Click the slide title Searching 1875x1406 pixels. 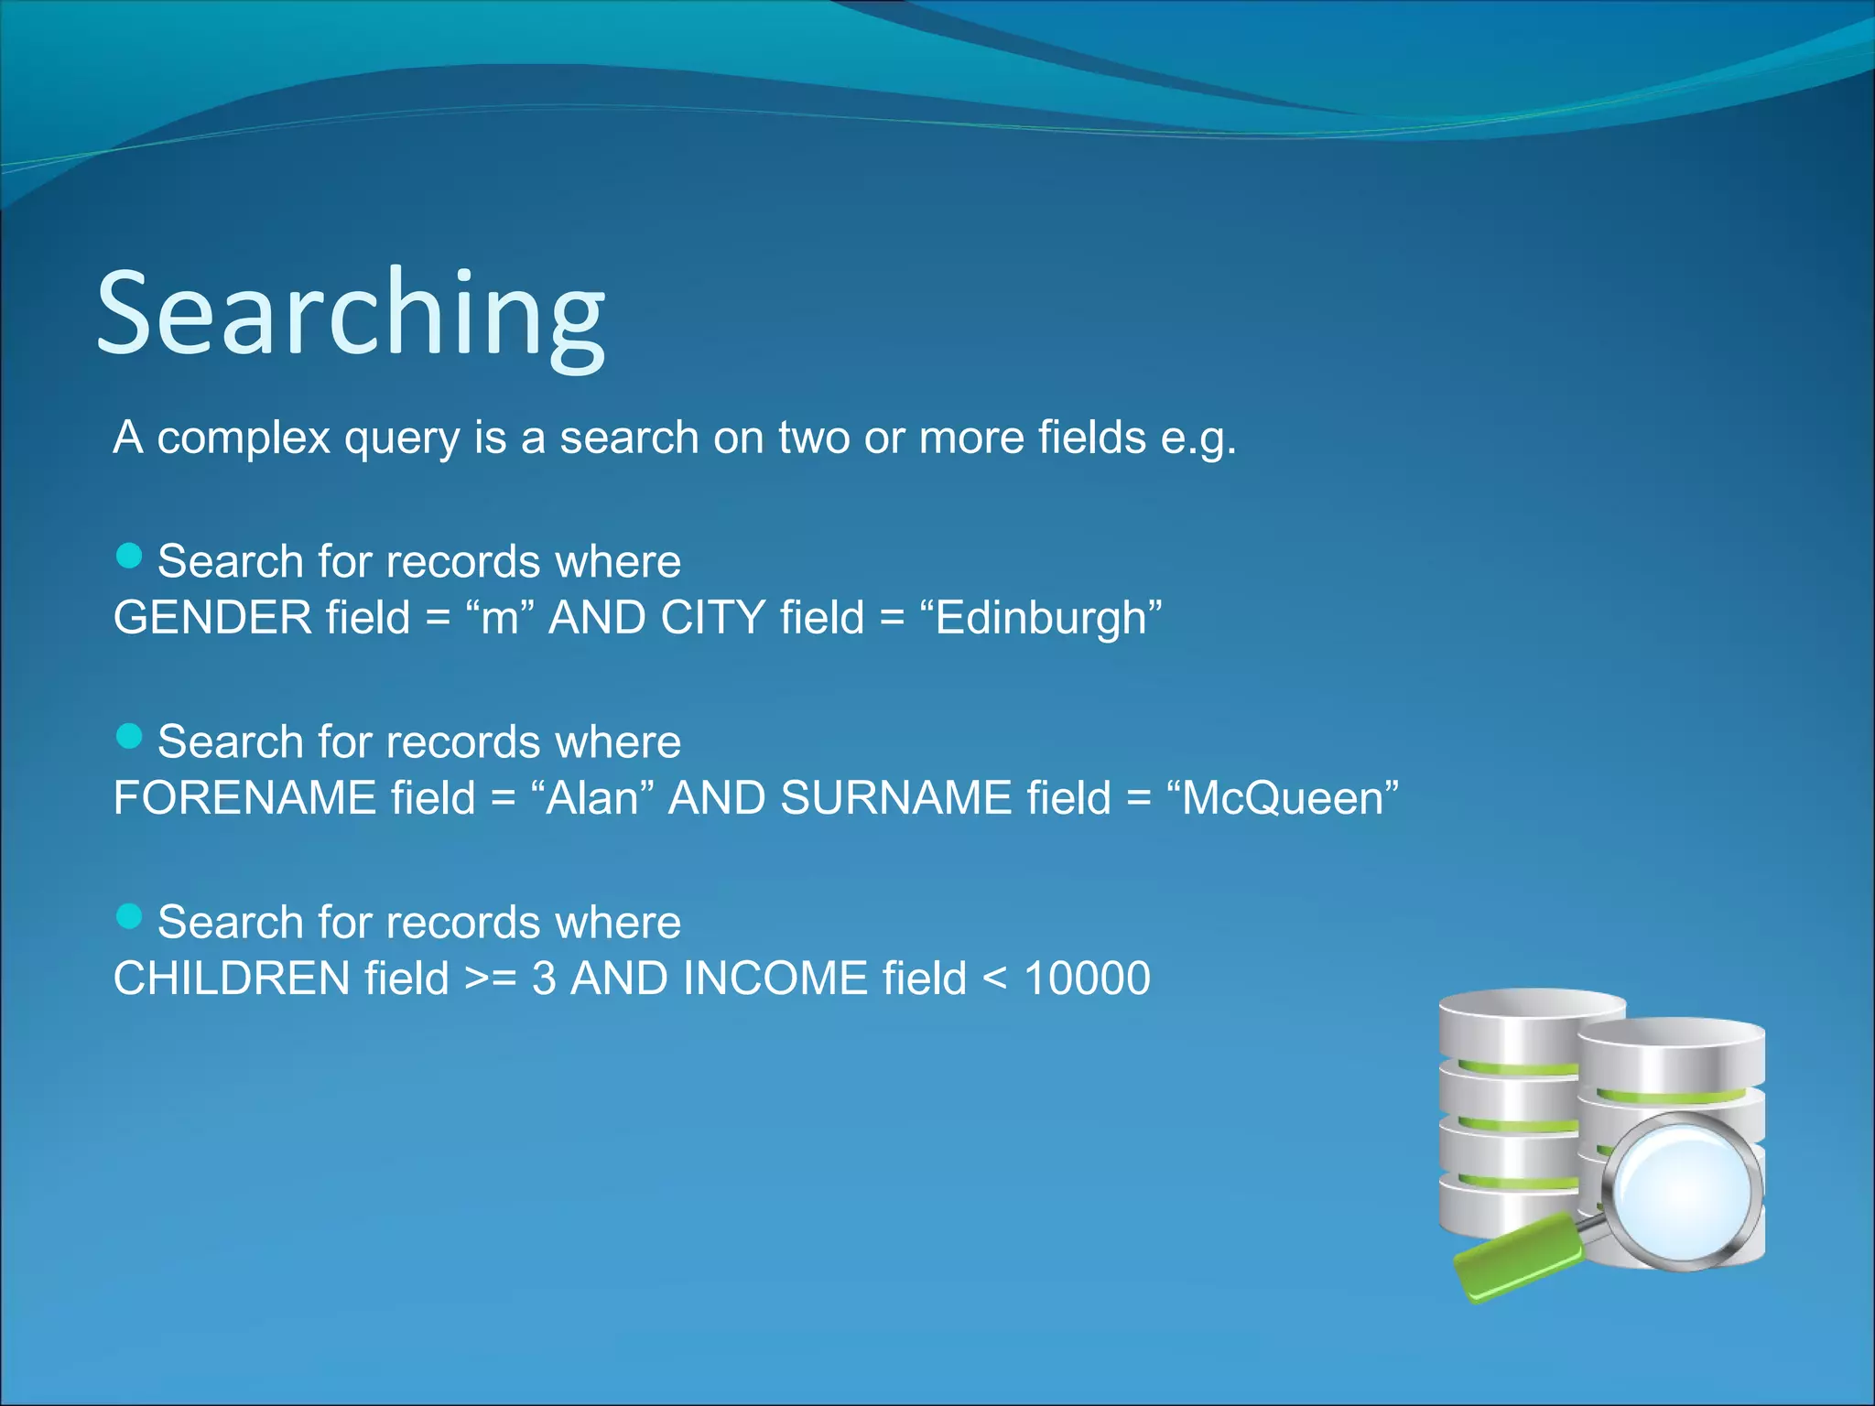click(x=351, y=313)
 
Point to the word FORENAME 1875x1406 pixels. click(x=244, y=798)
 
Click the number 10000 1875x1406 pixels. click(x=1087, y=979)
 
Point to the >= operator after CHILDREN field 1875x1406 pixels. click(x=491, y=979)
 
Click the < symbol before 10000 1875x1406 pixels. click(x=994, y=979)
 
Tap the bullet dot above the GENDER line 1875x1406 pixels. click(x=130, y=556)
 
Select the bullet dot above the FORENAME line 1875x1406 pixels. click(x=130, y=736)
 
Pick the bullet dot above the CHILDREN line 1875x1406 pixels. click(x=130, y=916)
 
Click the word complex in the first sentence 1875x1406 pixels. click(x=243, y=438)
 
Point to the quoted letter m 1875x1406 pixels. click(x=500, y=618)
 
